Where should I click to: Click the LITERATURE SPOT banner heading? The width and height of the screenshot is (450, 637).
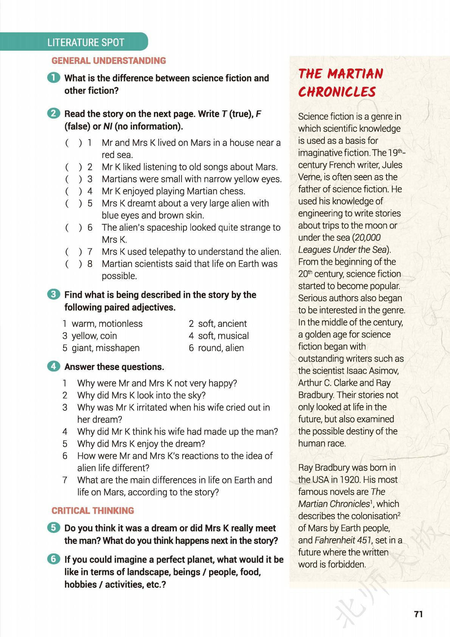[86, 42]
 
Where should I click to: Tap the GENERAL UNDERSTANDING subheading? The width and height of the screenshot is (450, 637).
[109, 61]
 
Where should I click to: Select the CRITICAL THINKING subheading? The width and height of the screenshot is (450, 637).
[93, 511]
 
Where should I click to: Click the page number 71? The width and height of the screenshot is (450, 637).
[418, 614]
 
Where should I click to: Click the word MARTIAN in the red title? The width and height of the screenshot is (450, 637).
[355, 73]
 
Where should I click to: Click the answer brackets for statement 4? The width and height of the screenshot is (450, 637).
[73, 191]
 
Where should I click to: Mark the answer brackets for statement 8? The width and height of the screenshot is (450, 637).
[73, 264]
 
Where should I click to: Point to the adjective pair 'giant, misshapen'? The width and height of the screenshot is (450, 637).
[106, 348]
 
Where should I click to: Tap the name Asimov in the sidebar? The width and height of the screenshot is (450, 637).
[382, 371]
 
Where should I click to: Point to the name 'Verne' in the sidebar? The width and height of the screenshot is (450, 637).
[310, 177]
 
